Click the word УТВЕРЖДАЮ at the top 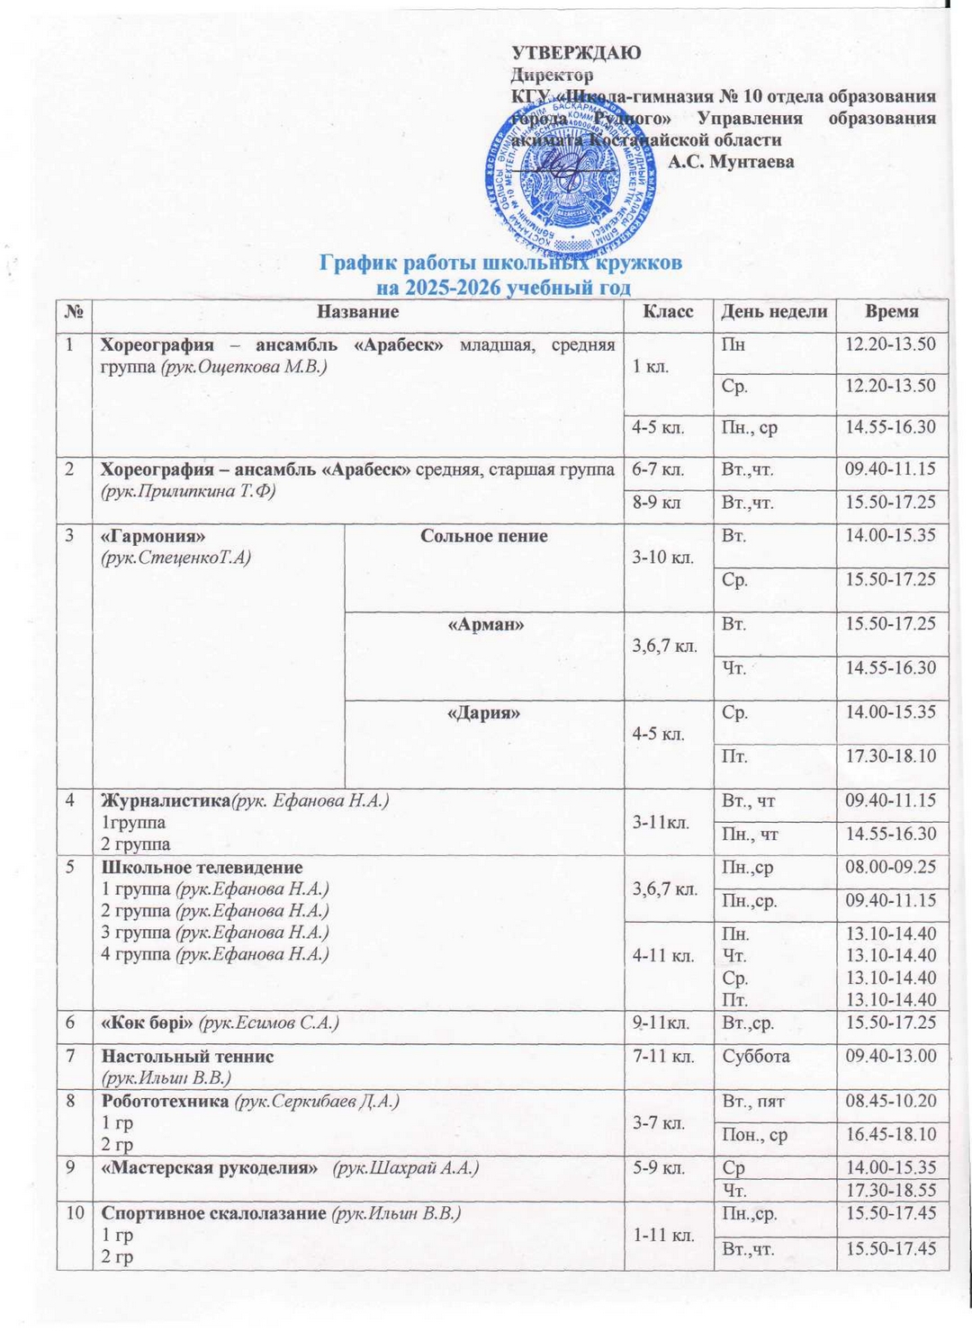(x=576, y=52)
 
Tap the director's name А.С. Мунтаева (x=731, y=162)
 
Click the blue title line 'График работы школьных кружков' (x=501, y=263)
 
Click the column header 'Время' (x=891, y=311)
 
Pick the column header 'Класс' (x=668, y=311)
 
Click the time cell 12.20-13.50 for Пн (x=890, y=344)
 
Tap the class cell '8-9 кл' (x=657, y=502)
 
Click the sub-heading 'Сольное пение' (x=484, y=536)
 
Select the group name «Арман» (x=485, y=624)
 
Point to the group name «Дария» (x=485, y=713)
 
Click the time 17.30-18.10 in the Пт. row (x=890, y=756)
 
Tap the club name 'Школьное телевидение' (x=202, y=868)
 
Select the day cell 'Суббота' (x=756, y=1056)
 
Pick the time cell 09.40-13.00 (x=890, y=1056)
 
